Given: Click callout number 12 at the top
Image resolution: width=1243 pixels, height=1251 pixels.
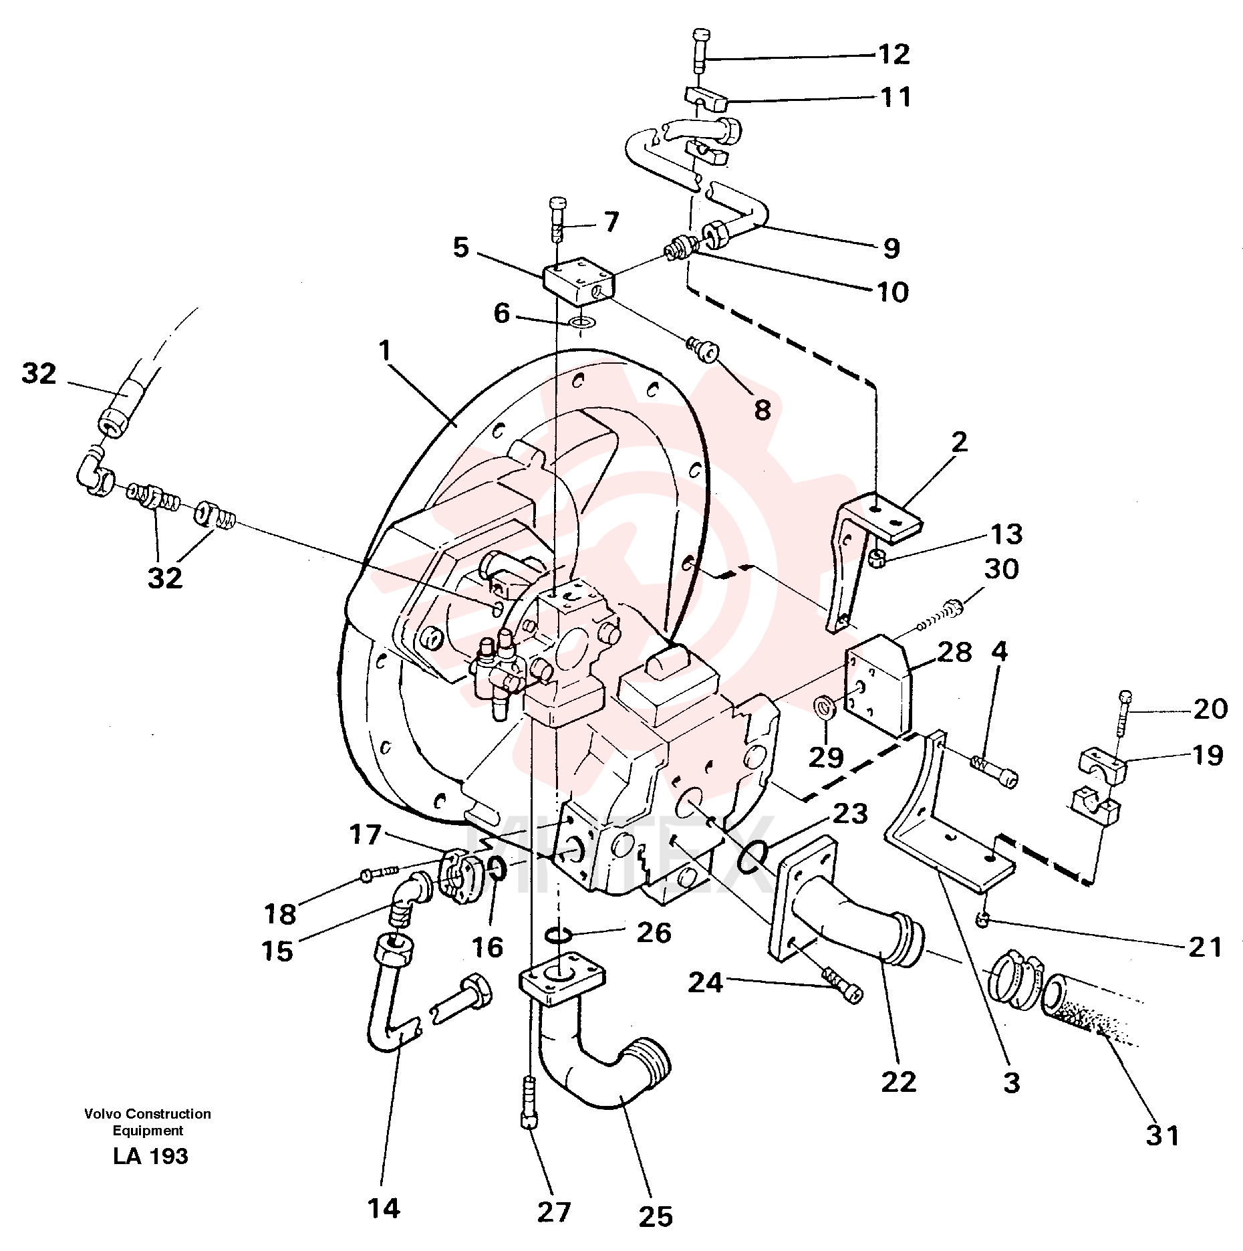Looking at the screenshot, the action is [x=893, y=54].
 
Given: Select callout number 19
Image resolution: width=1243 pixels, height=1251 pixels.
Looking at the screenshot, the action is [x=1207, y=756].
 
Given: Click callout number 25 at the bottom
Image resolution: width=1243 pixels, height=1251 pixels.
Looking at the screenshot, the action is [x=655, y=1217].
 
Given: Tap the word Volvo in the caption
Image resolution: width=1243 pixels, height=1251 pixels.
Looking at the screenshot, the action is [x=103, y=1114].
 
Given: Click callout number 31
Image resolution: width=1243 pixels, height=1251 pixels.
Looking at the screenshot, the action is [x=1163, y=1135].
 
